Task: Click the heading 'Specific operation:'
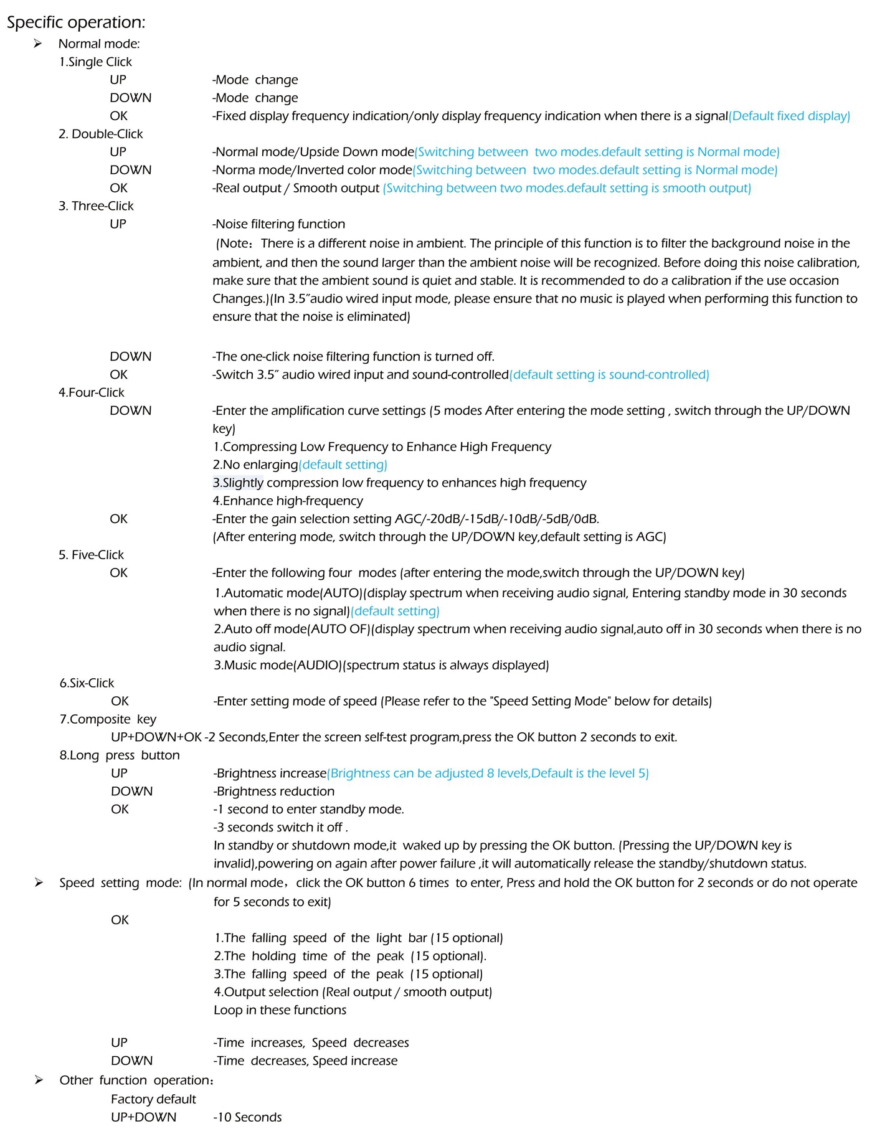76,22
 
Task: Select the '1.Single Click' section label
95,62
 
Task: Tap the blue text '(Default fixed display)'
789,116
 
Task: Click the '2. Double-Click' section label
100,134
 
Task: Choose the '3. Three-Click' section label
96,206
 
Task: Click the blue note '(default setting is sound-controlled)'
609,375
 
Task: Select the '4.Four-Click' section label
92,392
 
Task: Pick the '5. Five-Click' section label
91,555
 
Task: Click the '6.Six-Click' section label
87,683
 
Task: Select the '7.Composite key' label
108,719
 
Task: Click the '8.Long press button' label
120,755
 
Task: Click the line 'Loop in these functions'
280,1010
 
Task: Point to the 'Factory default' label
153,1099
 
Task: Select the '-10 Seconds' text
247,1117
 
